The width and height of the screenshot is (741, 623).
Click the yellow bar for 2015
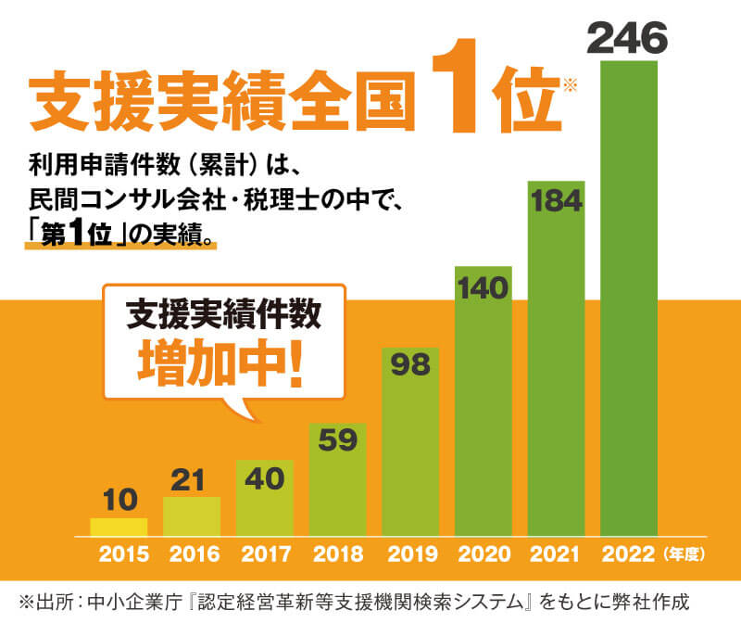119,527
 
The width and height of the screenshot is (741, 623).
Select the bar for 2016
192,516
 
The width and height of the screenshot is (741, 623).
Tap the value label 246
629,39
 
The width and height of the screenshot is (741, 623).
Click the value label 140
483,288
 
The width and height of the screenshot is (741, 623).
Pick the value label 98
410,364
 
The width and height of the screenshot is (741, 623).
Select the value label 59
337,439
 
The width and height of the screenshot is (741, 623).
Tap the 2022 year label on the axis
628,555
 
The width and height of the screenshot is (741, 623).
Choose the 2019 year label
410,555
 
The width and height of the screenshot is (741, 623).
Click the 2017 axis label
265,555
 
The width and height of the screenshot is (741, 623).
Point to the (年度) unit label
686,555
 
